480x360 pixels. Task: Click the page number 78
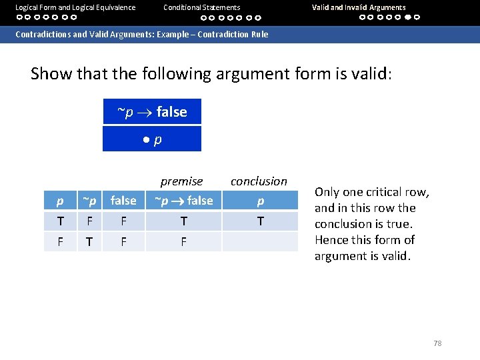(x=437, y=343)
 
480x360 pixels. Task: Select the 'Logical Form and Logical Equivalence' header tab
(x=75, y=7)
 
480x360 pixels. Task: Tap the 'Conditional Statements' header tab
(x=201, y=7)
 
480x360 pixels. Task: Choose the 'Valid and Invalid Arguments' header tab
(x=359, y=7)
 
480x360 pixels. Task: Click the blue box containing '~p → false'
(x=151, y=112)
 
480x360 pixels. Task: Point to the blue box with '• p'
(x=151, y=139)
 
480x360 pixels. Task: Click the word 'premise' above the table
(x=181, y=181)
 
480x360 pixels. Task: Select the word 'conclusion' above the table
(x=259, y=181)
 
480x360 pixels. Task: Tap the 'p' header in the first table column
(x=60, y=201)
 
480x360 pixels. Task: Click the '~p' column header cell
(x=89, y=201)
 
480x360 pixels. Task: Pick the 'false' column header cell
(x=123, y=201)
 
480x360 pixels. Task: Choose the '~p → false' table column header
(x=183, y=201)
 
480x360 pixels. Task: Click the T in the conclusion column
(x=260, y=221)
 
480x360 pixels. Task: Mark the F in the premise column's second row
(x=183, y=241)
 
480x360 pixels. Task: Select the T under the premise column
(x=183, y=221)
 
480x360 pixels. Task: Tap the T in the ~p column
(x=89, y=241)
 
